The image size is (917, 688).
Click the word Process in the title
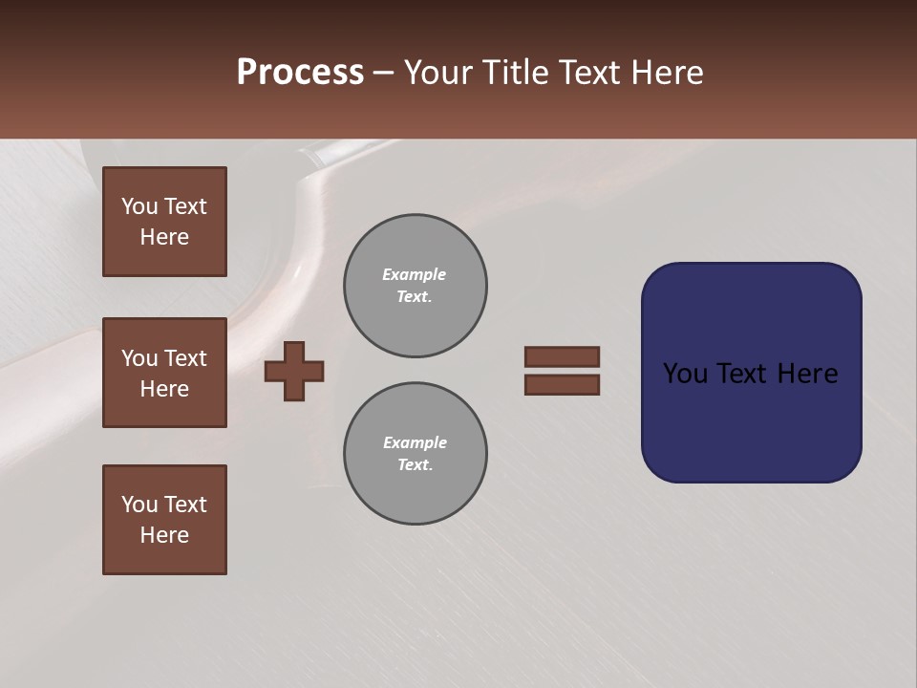[300, 73]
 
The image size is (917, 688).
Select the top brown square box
[164, 222]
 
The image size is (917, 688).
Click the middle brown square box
[164, 373]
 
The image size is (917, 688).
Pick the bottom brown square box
[164, 520]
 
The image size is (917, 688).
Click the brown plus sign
[294, 371]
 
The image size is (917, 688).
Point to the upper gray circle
[415, 286]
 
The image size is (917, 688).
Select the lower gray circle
[415, 454]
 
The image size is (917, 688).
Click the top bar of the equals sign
[562, 356]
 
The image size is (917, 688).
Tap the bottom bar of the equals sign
[562, 385]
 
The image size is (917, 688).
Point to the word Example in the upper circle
[414, 274]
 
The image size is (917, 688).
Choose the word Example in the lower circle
[415, 442]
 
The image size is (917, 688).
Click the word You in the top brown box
[139, 206]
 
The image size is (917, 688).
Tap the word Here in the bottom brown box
[164, 535]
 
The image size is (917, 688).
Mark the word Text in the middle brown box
[184, 358]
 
